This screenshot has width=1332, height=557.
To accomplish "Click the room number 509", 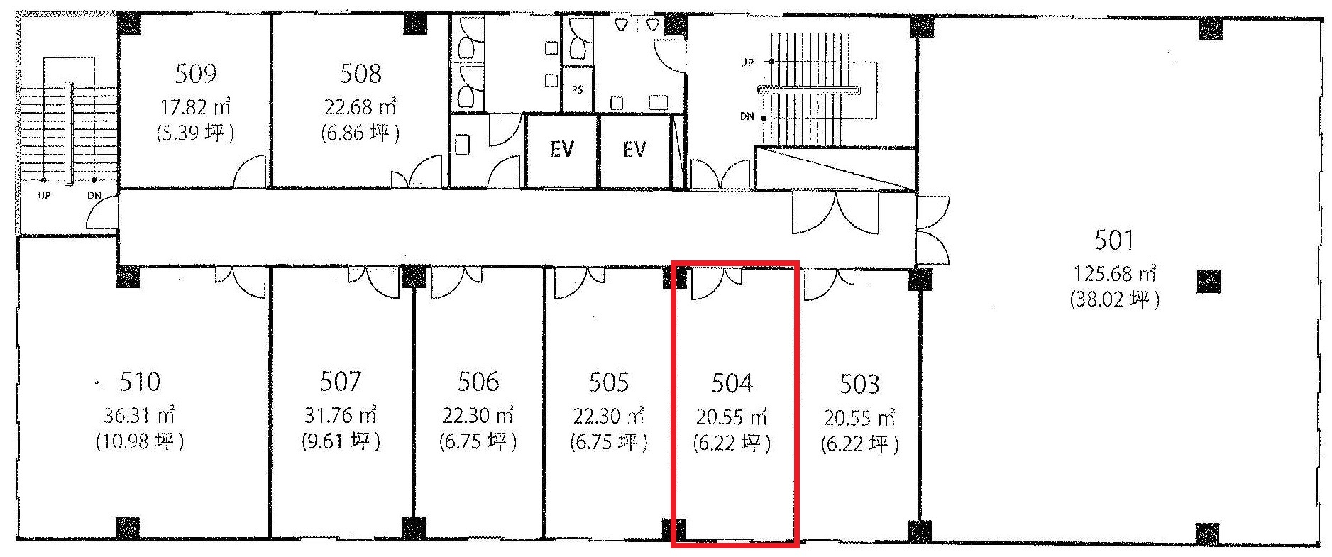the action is tap(195, 73).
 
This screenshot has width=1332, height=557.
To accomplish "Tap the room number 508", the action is tap(360, 73).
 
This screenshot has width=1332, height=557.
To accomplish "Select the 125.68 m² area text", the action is tap(1115, 272).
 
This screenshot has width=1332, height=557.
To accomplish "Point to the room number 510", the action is tap(140, 382).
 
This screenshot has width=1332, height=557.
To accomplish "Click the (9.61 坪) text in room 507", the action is tap(341, 441).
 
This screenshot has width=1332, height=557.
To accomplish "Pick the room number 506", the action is tap(478, 382).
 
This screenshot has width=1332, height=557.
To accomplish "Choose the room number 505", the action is tap(609, 382).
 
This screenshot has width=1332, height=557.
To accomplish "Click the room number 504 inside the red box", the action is tap(732, 383).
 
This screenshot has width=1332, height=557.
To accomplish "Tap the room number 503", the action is tap(859, 384).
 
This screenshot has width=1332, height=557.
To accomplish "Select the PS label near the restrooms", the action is tap(578, 90).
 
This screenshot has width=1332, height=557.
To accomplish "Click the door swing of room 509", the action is tap(250, 172).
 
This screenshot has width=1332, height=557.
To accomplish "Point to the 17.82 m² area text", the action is tap(194, 107).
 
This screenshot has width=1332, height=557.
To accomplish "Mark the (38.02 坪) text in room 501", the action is tap(1114, 299).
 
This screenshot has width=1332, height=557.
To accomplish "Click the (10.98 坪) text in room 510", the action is tap(140, 441).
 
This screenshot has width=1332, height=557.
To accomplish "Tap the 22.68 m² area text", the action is tap(360, 106).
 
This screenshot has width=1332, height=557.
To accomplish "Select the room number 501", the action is tap(1114, 241).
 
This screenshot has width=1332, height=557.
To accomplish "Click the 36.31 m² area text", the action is tap(140, 414).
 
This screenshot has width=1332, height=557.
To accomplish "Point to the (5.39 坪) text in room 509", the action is tap(194, 133).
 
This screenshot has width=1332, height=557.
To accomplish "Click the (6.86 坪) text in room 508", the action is tap(360, 133).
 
